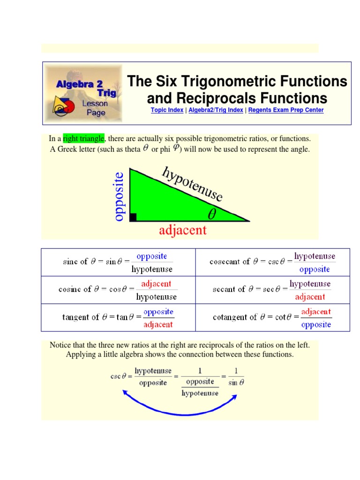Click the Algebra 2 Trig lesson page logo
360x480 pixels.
pos(83,94)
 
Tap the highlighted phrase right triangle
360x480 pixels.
pos(84,139)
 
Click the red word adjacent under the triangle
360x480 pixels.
pos(182,230)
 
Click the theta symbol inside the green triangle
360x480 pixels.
pos(212,215)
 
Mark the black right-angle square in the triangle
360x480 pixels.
pos(133,217)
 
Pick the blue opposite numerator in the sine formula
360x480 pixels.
pos(151,256)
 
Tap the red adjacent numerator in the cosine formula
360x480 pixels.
pos(156,284)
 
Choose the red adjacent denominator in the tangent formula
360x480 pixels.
pos(158,324)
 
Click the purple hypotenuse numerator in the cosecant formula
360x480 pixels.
pos(315,256)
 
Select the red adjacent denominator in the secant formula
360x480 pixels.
pos(310,297)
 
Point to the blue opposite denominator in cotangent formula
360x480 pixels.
pos(316,324)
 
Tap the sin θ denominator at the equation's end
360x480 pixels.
pos(236,382)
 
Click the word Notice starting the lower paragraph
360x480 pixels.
pos(60,345)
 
